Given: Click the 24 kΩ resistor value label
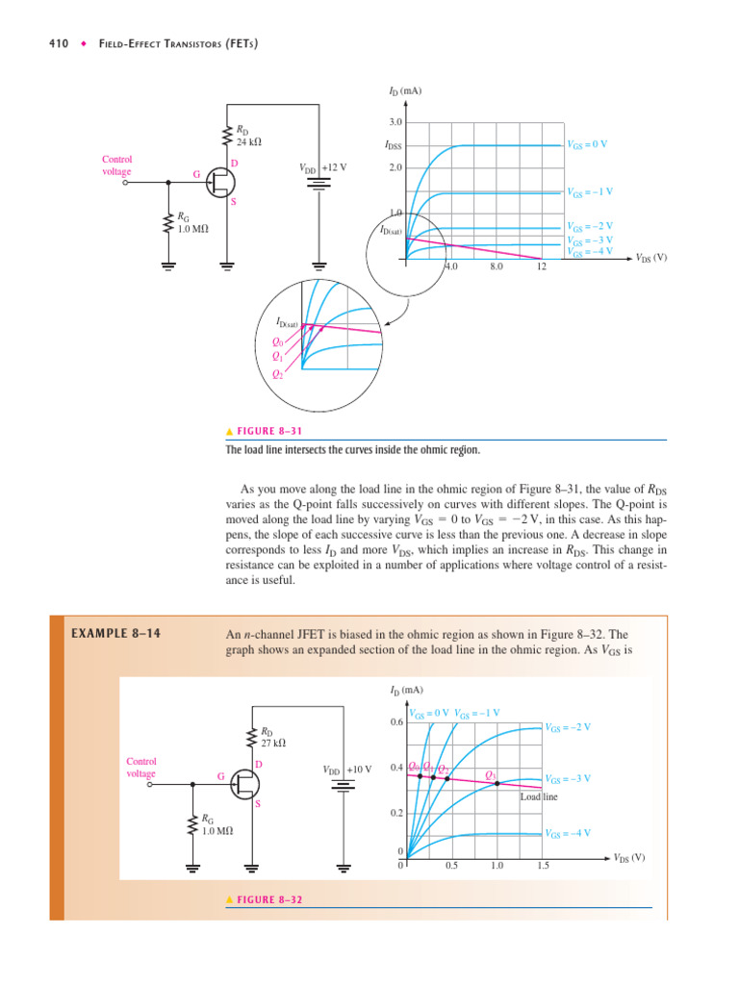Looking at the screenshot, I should pos(249,141).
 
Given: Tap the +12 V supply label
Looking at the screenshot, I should pos(334,166).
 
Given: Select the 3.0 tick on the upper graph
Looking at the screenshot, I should pos(395,122).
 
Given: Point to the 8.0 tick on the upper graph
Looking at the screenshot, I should pos(497,266).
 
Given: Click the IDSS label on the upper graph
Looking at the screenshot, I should pos(393,147).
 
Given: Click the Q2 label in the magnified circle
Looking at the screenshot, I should pos(277,374).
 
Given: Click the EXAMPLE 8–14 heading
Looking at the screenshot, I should pos(109,634).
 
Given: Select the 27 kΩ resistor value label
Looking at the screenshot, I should pos(274,743).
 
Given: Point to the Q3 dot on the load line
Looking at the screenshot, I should pos(497,784).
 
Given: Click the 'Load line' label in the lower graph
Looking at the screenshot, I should pos(539,796).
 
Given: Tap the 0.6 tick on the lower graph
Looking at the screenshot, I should pos(395,721).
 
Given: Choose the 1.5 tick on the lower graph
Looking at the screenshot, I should pos(543,866).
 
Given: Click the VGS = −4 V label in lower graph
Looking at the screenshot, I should pos(568,833).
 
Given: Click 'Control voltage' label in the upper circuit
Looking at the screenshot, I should pos(116,165).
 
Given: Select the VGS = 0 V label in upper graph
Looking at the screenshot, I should pos(587,144).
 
